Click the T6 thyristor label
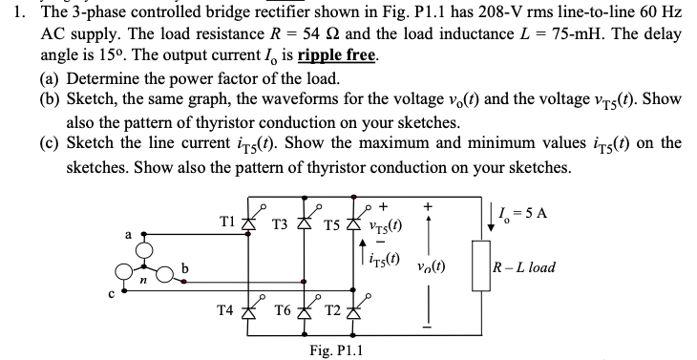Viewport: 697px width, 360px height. [284, 310]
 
